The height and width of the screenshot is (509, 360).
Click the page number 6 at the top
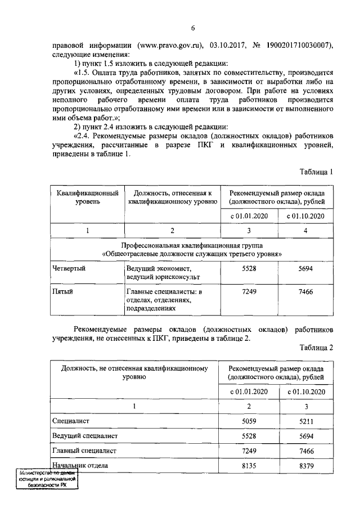192,28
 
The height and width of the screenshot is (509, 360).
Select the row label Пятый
62,292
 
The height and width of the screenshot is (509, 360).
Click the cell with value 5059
247,420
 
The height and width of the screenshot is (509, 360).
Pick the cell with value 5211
305,420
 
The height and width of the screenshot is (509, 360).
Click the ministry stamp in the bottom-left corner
47,480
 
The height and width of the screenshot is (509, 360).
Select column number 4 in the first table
305,231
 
